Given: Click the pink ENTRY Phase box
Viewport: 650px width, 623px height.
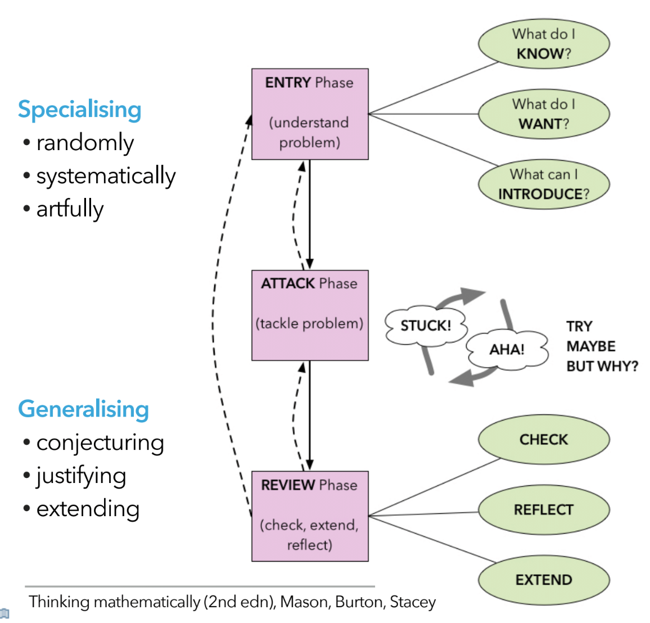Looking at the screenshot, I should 310,114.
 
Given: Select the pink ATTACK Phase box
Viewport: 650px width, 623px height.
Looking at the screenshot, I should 310,315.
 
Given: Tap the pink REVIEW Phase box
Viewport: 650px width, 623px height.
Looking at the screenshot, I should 310,516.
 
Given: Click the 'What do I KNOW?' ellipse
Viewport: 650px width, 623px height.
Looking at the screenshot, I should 544,44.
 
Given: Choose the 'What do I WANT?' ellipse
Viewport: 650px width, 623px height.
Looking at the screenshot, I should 544,114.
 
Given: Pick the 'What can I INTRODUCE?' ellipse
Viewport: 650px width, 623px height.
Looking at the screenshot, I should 544,184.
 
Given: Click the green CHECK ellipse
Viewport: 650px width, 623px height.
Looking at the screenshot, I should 544,440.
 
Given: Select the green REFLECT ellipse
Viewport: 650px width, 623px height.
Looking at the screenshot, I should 544,510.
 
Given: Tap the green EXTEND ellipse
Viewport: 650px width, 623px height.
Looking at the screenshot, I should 544,580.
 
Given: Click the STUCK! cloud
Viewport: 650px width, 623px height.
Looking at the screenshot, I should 426,326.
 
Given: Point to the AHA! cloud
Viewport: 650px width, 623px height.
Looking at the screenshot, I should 507,349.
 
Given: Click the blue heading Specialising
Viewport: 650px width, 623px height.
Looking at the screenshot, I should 79,110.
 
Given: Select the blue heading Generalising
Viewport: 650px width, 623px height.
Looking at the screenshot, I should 83,409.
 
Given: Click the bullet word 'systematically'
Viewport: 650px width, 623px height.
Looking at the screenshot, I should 106,176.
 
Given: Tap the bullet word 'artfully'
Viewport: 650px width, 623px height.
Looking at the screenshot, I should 70,209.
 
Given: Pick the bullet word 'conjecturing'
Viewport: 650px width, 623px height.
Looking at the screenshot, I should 100,443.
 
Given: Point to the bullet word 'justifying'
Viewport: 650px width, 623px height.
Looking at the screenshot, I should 81,476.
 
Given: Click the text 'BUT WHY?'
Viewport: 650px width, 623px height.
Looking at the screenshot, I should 602,367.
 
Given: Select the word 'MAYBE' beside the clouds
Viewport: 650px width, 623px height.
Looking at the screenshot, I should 591,346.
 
